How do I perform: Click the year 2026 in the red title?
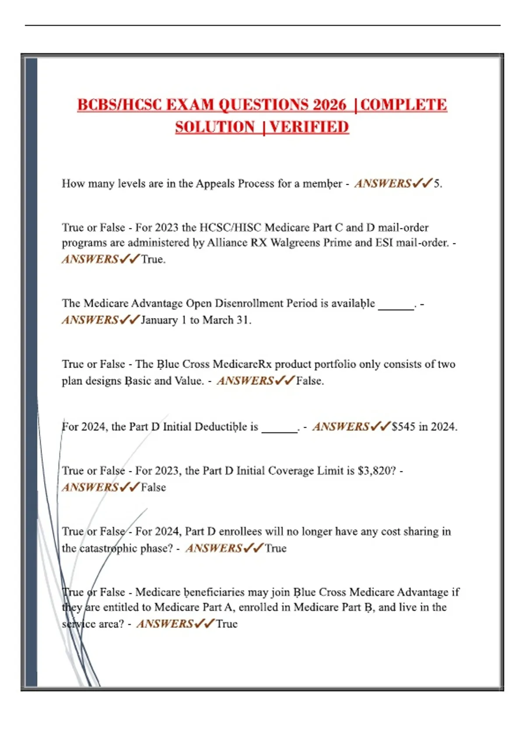[x=329, y=105]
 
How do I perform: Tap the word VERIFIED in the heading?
[x=309, y=127]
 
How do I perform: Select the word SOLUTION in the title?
[x=215, y=127]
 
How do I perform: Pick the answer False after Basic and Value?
[x=309, y=381]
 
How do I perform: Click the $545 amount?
[x=403, y=427]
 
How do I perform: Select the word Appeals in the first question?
[x=215, y=183]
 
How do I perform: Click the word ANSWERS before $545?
[x=341, y=427]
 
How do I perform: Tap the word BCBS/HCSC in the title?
[x=119, y=105]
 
